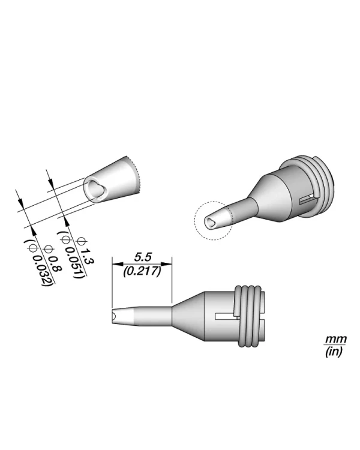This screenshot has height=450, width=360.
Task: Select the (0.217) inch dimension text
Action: pos(142,271)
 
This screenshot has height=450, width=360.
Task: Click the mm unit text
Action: pos(332,340)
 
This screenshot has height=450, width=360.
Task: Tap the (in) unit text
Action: pos(332,352)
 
